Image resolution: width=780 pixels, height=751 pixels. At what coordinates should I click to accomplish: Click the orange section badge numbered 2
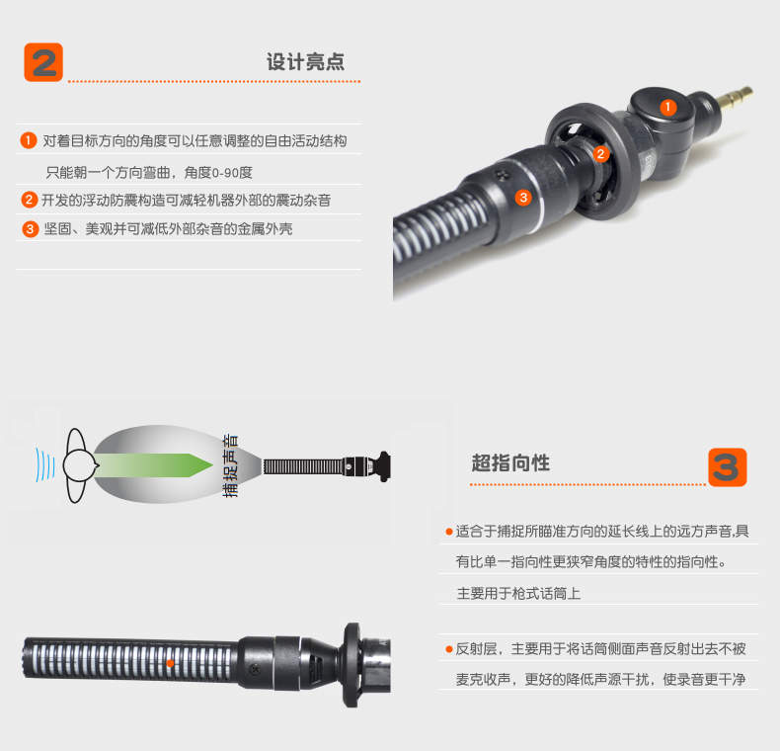click(43, 62)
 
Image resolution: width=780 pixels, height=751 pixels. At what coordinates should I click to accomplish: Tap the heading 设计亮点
click(305, 61)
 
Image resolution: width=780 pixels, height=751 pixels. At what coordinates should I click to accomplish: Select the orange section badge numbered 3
click(728, 467)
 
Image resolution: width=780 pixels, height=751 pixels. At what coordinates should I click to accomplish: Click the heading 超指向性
click(510, 462)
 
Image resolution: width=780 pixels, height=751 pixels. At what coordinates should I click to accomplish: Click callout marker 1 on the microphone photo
click(668, 107)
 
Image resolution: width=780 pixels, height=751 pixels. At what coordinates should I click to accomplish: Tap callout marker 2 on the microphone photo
click(601, 154)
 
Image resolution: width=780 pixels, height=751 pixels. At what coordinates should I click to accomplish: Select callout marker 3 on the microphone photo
click(523, 198)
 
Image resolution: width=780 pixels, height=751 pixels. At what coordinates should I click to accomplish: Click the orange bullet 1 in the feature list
click(29, 140)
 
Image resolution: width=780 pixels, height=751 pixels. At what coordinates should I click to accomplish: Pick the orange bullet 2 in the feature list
click(30, 200)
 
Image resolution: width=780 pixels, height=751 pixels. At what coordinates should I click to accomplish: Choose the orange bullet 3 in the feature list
click(31, 229)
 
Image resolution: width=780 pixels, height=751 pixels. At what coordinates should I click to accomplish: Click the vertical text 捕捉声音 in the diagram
click(230, 465)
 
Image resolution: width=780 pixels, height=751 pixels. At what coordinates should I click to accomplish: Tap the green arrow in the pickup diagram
click(153, 465)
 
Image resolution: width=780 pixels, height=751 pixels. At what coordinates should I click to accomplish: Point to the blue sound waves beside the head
click(44, 464)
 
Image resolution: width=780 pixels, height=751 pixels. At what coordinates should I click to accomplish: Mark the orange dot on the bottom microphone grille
click(170, 663)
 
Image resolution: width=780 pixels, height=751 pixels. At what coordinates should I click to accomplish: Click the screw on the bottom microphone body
click(255, 670)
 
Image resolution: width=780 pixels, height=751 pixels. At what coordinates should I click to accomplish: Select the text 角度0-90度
click(218, 173)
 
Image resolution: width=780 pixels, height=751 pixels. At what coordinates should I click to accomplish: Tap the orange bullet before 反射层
click(448, 649)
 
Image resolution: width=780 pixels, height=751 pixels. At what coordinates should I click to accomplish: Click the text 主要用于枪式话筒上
click(518, 593)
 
